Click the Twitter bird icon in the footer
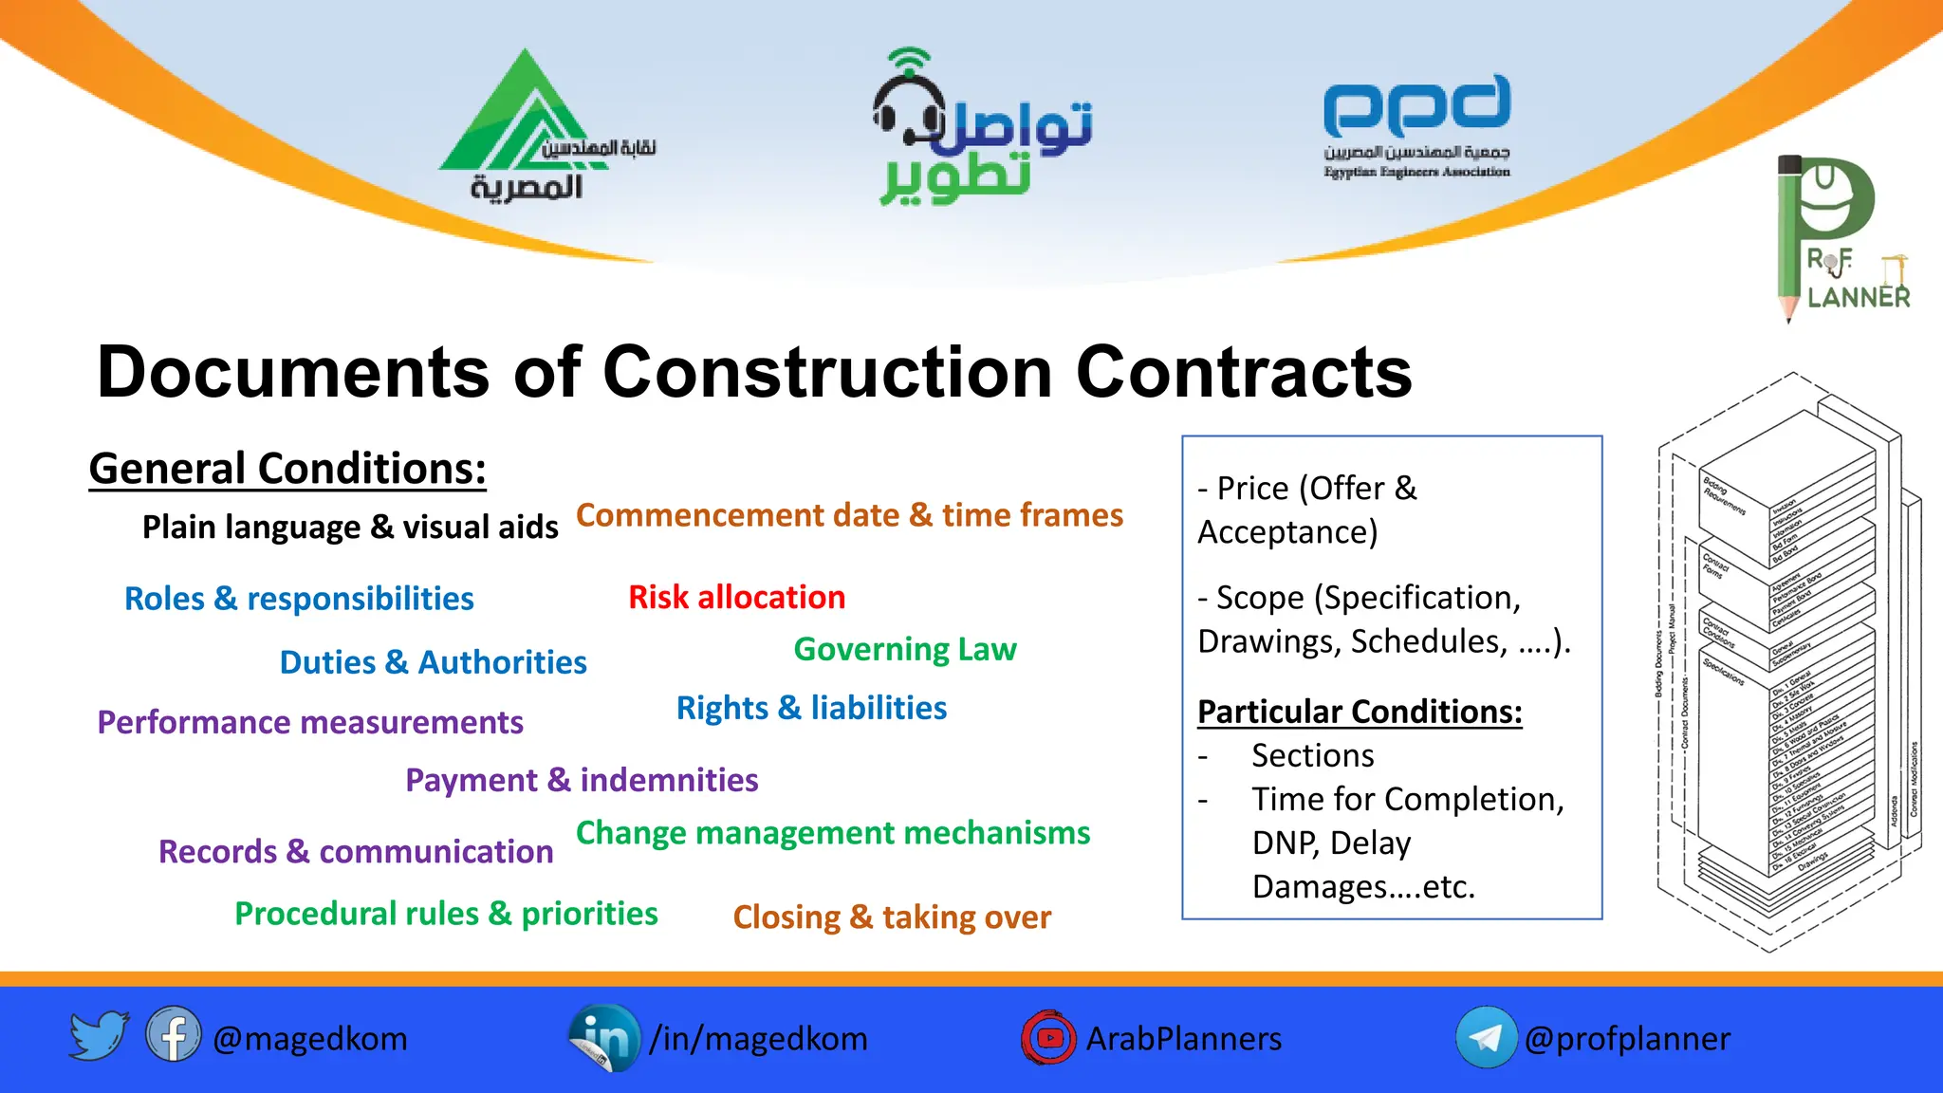coord(99,1036)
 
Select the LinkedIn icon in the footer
coord(604,1037)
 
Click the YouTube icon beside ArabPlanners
coord(1048,1038)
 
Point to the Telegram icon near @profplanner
coord(1486,1037)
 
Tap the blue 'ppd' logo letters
coord(1416,105)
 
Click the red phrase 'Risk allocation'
coord(736,598)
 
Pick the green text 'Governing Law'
coord(905,650)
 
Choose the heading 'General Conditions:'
coord(287,469)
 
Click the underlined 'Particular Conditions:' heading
coord(1360,712)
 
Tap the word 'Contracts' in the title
coord(1243,372)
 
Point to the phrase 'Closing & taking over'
coord(892,917)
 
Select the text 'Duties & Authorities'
coord(433,662)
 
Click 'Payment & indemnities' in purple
coord(582,780)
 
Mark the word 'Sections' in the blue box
coord(1312,756)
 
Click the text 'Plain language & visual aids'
coord(350,528)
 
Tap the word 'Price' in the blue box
coord(1252,489)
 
